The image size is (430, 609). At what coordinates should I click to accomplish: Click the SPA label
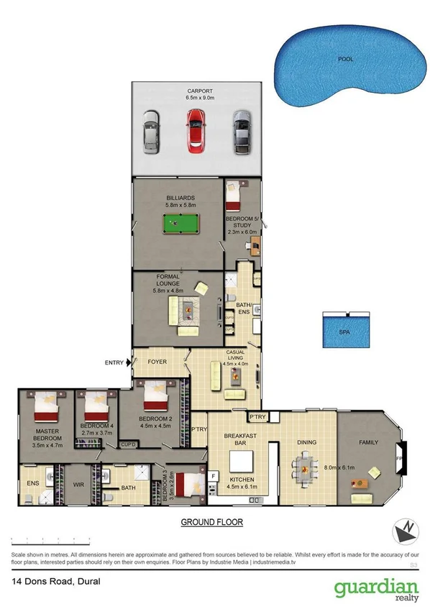point(344,333)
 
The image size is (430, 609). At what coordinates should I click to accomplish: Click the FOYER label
point(157,362)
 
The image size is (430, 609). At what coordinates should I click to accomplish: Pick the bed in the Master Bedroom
point(47,406)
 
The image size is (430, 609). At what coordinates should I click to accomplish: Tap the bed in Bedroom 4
point(96,407)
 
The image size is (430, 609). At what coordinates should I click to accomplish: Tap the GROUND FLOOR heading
point(211,522)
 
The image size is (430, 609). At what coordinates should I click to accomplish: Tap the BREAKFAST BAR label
point(236,439)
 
